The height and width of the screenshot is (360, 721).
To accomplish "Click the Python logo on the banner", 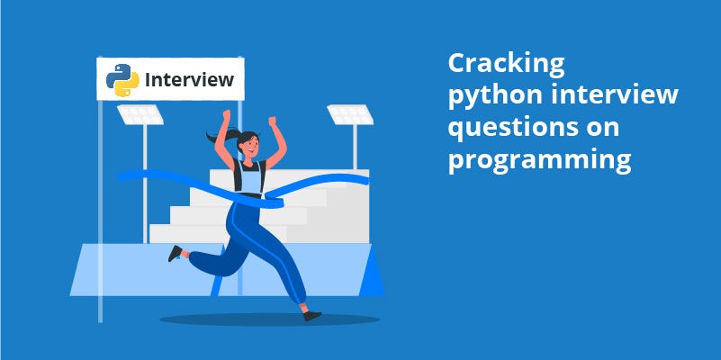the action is tap(122, 80).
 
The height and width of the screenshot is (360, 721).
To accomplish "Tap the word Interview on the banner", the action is tap(189, 79).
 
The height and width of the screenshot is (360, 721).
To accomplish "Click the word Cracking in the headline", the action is tap(506, 63).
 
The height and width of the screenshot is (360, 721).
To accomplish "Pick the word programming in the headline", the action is tap(540, 161).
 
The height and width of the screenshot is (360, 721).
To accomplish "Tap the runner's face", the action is tap(249, 144).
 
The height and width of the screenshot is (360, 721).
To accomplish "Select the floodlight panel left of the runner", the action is tap(140, 114).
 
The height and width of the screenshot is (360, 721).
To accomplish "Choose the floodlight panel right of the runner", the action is tap(350, 114).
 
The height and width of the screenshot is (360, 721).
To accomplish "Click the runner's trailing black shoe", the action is tap(175, 253).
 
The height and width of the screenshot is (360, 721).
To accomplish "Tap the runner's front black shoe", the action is tap(312, 316).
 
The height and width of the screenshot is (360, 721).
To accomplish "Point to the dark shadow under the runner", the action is tap(269, 319).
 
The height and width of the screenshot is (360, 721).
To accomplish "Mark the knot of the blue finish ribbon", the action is tap(275, 202).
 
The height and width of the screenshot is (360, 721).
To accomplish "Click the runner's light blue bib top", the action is tap(248, 177).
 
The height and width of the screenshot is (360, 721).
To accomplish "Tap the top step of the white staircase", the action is tap(289, 178).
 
